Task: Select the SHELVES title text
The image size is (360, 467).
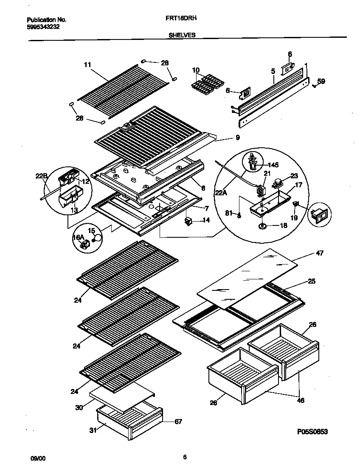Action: coord(182,36)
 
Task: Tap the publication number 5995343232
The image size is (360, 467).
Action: coord(43,26)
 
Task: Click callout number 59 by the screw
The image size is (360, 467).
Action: coord(321,81)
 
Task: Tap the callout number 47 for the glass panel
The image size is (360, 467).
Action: coord(320,253)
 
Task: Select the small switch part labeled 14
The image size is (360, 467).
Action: coord(188,221)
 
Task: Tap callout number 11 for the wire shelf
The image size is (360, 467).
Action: coord(87,65)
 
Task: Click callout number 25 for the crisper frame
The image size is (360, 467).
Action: coord(312,281)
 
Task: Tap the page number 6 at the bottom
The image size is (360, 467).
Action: coord(185,457)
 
